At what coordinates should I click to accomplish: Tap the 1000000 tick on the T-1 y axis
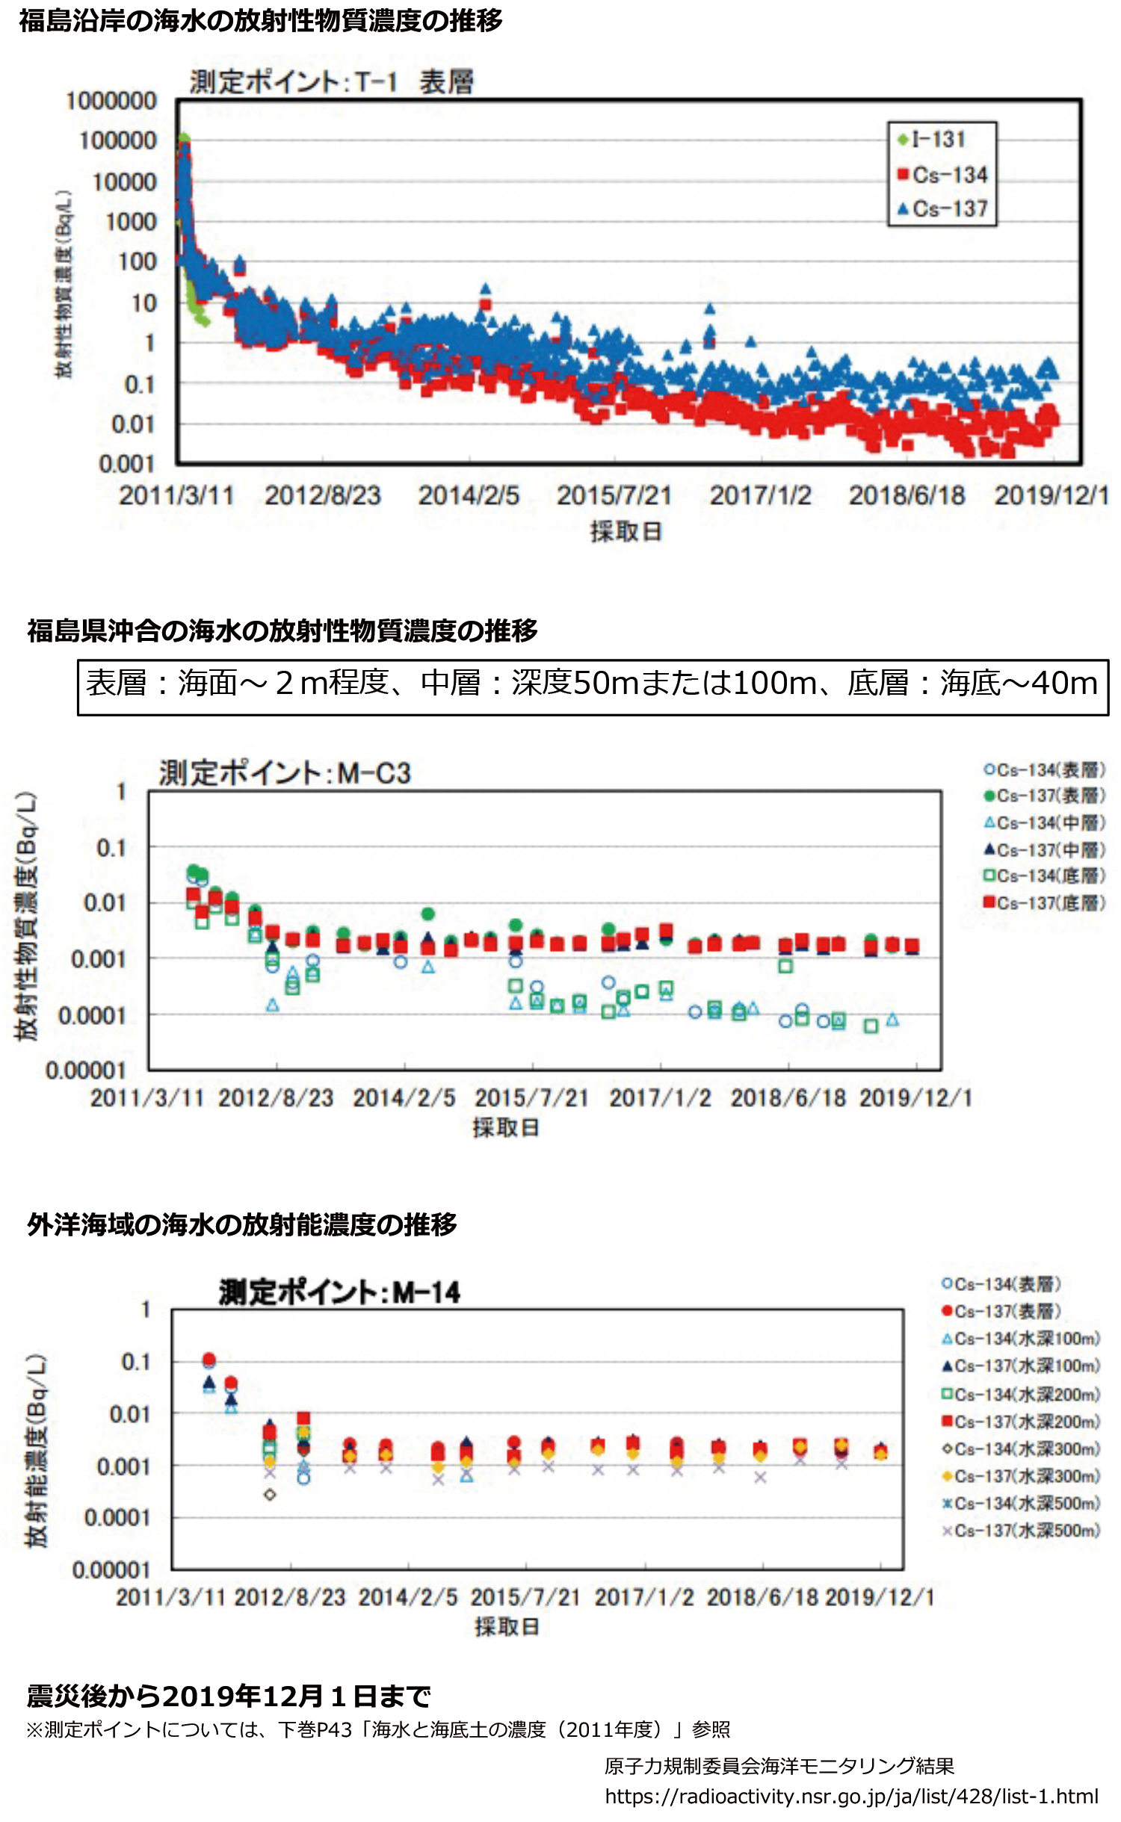pyautogui.click(x=111, y=101)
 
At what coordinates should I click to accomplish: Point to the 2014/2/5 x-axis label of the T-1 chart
pyautogui.click(x=469, y=495)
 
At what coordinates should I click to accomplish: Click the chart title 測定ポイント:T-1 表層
pyautogui.click(x=332, y=81)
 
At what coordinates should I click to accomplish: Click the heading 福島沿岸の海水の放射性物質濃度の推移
pyautogui.click(x=261, y=21)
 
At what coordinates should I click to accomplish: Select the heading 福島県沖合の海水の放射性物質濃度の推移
pyautogui.click(x=282, y=630)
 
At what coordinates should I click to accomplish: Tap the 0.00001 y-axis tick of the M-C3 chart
pyautogui.click(x=86, y=1070)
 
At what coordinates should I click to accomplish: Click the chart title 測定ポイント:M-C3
pyautogui.click(x=285, y=773)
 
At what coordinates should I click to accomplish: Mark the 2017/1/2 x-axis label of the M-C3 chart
pyautogui.click(x=660, y=1097)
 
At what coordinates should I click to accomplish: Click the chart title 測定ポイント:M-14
pyautogui.click(x=339, y=1292)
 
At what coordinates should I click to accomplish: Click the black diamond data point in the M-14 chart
pyautogui.click(x=270, y=1494)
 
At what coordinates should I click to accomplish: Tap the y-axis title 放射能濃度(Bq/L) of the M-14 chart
pyautogui.click(x=37, y=1450)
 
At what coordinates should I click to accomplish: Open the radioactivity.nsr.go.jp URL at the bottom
pyautogui.click(x=851, y=1796)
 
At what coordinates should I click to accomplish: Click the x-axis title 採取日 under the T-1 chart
pyautogui.click(x=626, y=531)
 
